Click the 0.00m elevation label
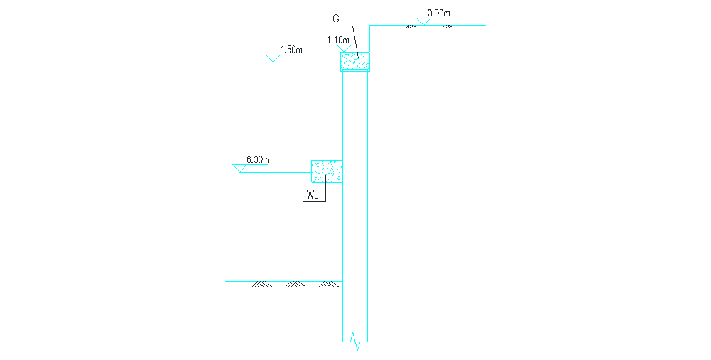439,13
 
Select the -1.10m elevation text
335,40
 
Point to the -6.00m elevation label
256,160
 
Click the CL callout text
338,20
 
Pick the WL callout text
313,195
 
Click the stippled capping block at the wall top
355,61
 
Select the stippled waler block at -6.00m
327,171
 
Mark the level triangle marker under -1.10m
333,48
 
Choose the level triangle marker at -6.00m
239,168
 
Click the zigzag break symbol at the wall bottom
356,342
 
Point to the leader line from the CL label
349,38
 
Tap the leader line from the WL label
325,192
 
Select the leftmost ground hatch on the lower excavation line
261,285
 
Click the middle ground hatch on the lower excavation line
295,285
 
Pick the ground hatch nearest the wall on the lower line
327,285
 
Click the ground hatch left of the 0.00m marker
410,27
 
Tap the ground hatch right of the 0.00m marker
447,27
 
